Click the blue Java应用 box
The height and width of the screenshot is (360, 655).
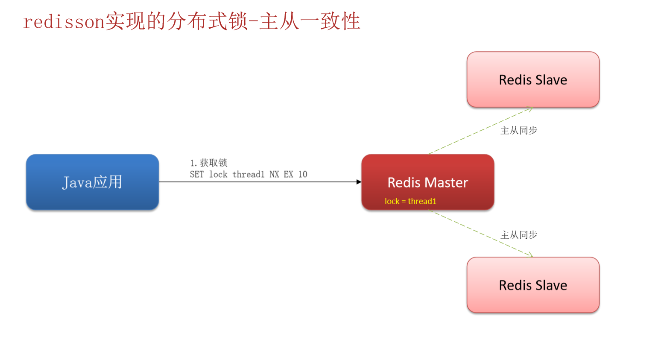(92, 182)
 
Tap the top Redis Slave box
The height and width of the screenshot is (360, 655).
(533, 80)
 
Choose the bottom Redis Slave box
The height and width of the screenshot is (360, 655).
(533, 285)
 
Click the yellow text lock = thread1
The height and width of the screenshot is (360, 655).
(410, 201)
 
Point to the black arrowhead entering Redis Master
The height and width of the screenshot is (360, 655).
(359, 182)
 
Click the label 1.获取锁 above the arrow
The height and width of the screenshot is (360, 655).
(208, 163)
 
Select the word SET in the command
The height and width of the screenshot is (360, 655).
(197, 174)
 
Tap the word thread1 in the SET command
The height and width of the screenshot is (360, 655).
(248, 174)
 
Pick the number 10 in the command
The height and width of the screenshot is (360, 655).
(302, 174)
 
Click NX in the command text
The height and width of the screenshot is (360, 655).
(274, 174)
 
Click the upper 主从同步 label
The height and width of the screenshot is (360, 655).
(518, 130)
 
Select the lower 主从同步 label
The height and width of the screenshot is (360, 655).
(518, 235)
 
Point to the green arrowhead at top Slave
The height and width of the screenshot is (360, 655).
(530, 109)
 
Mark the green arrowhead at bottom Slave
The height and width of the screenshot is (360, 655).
(530, 255)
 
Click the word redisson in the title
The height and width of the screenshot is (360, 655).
(64, 22)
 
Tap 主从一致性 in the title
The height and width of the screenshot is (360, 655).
(310, 21)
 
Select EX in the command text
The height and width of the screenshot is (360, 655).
(288, 174)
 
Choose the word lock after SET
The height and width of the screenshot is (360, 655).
(218, 174)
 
